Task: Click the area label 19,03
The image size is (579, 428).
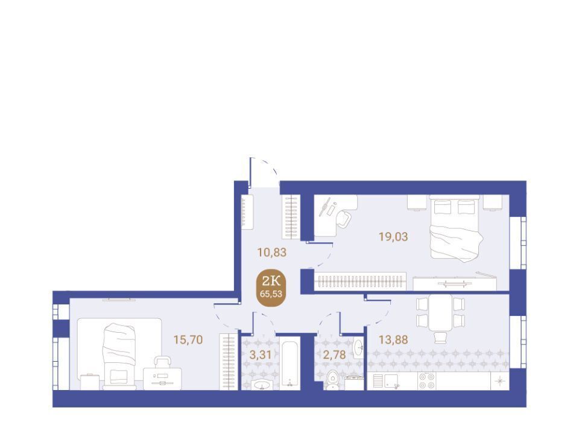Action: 393,236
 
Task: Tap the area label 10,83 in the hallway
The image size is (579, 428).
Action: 272,253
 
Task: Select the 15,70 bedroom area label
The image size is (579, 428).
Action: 188,339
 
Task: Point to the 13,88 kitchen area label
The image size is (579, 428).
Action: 393,339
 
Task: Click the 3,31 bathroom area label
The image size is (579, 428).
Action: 261,355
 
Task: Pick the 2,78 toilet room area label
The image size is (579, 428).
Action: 334,355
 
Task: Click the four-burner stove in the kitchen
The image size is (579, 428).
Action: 426,381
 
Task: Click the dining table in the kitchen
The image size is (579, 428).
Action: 440,313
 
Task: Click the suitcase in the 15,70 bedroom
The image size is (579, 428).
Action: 162,373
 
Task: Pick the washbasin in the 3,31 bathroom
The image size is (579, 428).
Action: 262,385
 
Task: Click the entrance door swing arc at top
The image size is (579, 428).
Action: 268,166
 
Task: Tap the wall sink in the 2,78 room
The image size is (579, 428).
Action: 358,348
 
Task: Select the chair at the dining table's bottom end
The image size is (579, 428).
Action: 440,337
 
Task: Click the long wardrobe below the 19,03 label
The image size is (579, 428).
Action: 360,282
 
